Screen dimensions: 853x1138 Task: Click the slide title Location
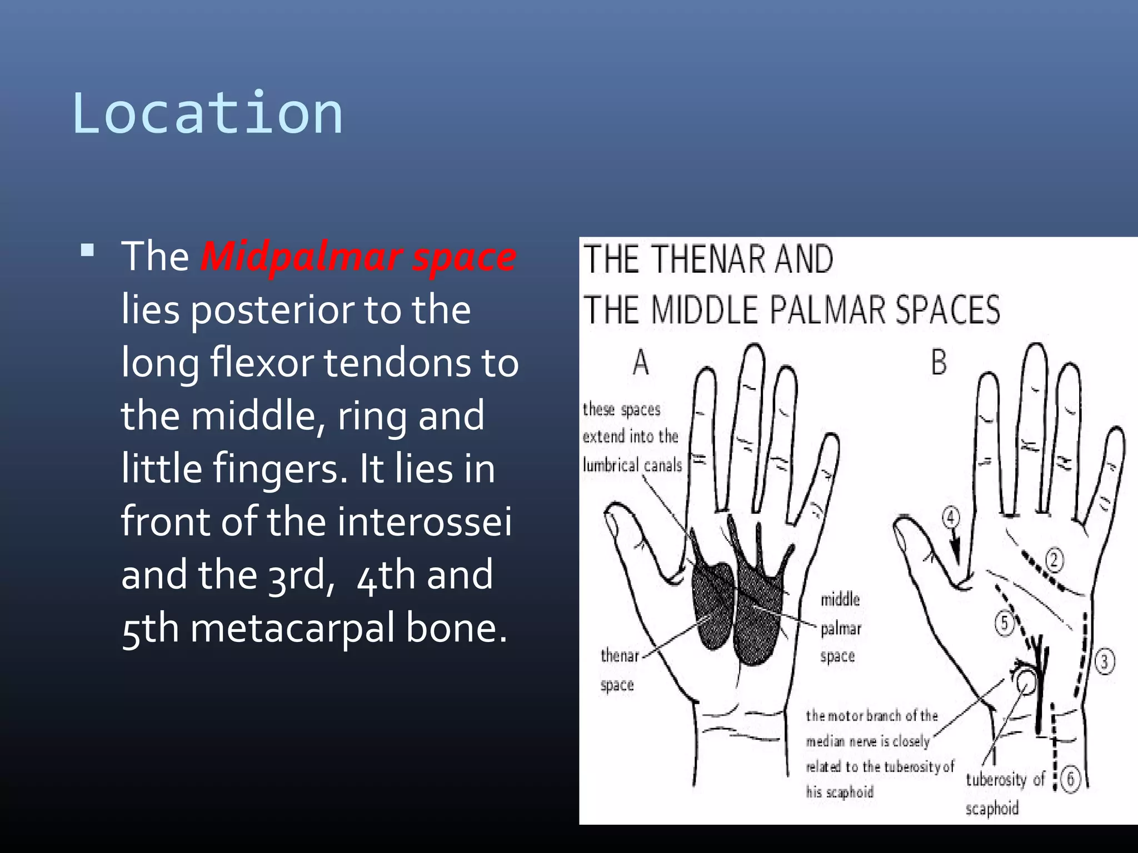click(207, 114)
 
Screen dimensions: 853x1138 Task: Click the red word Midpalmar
click(301, 257)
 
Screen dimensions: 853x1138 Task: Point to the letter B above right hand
click(939, 363)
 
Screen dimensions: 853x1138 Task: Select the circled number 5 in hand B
click(1004, 623)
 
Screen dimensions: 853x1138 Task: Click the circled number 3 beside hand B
click(1104, 661)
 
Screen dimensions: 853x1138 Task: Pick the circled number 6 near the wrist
click(1070, 779)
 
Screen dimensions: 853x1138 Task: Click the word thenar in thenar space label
click(620, 656)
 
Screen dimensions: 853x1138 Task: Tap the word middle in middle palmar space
click(840, 599)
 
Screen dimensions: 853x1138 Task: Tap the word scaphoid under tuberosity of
click(992, 809)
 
